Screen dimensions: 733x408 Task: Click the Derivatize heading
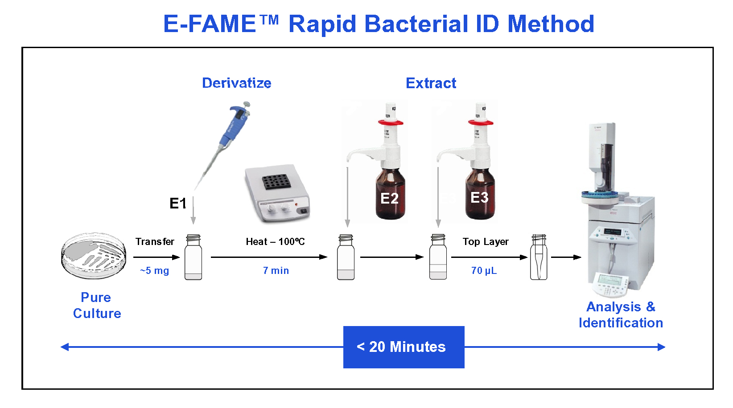(x=237, y=83)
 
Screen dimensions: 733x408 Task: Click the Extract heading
(x=431, y=83)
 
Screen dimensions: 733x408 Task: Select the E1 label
(x=178, y=204)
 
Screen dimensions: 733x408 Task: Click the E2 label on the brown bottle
(x=389, y=199)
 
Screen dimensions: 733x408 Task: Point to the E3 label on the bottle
(x=479, y=197)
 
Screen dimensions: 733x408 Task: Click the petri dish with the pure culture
(x=94, y=255)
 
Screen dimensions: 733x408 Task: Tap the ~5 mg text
(x=154, y=271)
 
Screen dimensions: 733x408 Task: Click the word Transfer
(x=155, y=241)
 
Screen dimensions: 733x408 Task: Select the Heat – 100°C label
(x=275, y=241)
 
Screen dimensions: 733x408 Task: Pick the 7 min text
(x=276, y=271)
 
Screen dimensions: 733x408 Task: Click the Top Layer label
(x=486, y=241)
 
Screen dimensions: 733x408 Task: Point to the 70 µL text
(x=484, y=271)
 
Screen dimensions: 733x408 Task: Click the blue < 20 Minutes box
(x=404, y=347)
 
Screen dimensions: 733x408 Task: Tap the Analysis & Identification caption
(x=621, y=315)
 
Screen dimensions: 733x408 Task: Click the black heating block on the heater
(x=276, y=182)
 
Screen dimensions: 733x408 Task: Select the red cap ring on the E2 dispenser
(x=391, y=122)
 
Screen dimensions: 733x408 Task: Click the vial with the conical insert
(x=539, y=257)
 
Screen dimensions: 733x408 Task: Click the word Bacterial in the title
(x=416, y=24)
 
